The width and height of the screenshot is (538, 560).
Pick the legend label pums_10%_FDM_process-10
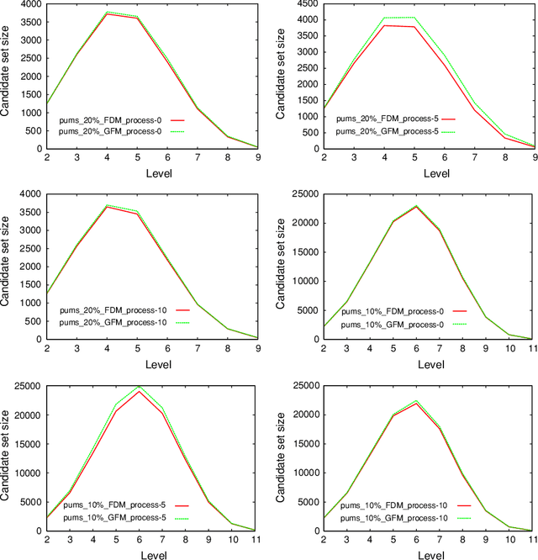click(386, 505)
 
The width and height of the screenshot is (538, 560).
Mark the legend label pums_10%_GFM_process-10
click(386, 517)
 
